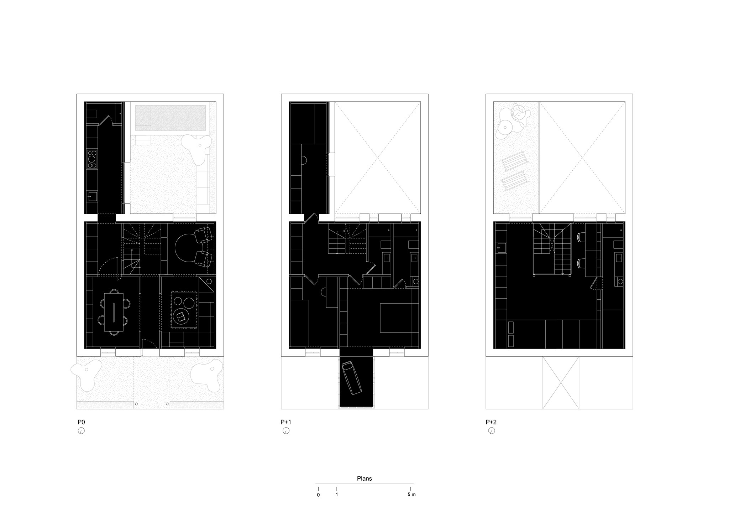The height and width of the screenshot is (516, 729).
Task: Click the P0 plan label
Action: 81,422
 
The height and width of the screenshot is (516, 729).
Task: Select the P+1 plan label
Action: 286,422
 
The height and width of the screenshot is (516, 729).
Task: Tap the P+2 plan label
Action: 491,422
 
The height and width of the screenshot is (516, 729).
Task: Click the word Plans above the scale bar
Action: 364,478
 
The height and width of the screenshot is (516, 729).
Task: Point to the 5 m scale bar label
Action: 411,495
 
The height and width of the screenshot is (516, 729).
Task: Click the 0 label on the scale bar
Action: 318,495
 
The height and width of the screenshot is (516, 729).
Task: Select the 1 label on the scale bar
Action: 337,495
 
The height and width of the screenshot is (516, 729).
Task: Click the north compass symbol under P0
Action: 81,431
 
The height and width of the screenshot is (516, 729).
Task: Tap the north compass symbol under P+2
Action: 491,431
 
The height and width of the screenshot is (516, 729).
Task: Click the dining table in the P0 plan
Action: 114,312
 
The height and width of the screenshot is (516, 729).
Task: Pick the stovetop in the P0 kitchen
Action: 92,159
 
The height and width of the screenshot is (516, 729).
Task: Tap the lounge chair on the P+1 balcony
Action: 352,378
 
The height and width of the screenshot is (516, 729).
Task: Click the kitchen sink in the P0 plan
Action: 92,196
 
